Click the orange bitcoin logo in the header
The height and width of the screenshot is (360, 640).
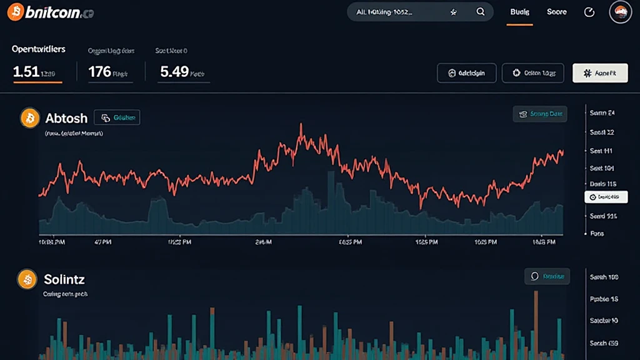(15, 12)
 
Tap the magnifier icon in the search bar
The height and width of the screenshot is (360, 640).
(481, 12)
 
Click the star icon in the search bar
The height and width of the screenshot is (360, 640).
(454, 12)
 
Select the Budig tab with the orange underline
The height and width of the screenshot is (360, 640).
(519, 12)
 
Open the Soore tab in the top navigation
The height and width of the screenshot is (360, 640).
(556, 12)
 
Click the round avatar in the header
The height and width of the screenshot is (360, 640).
(621, 12)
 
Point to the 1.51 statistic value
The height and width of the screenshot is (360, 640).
(26, 72)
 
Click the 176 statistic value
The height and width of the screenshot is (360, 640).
(99, 72)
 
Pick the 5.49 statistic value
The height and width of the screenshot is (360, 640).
(174, 72)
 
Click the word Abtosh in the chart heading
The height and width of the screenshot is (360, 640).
(66, 118)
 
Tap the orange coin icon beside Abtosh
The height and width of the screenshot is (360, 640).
(29, 117)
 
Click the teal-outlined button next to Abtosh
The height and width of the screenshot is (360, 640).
(117, 117)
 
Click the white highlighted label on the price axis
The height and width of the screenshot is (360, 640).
(606, 197)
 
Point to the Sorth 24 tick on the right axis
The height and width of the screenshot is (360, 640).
(602, 113)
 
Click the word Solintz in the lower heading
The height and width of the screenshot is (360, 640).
(64, 279)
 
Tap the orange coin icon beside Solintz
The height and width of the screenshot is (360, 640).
(27, 280)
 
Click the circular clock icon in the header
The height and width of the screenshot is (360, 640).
(589, 12)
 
